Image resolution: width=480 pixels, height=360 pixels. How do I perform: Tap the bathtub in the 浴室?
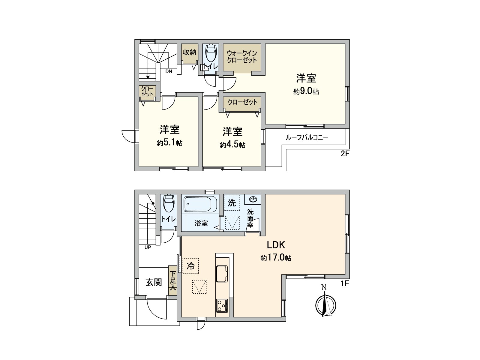pos(200,204)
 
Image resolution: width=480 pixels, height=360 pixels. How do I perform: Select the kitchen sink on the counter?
pos(222,274)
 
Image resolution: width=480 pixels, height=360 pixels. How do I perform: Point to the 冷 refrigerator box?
pos(190,266)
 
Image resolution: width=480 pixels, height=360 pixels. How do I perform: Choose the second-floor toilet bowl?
pos(211,53)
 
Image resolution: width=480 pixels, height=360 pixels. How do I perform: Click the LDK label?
pos(276,245)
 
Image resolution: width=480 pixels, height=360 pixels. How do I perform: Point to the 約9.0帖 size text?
pos(306,91)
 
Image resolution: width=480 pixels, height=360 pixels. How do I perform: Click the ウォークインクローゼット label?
pos(242,57)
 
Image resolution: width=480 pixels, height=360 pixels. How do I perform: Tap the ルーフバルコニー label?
pos(307,138)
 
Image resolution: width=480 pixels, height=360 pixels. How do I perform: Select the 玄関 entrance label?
pos(154,282)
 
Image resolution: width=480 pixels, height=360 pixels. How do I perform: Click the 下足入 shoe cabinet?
pos(173,281)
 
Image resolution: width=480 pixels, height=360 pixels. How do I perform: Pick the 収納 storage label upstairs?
pos(189,52)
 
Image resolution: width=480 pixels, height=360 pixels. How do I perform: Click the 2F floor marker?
pos(345,154)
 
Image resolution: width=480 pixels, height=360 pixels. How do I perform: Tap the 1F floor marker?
pos(345,283)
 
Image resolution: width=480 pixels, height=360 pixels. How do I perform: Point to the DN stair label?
pos(169,71)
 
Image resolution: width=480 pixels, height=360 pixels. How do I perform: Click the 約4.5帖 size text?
pos(232,145)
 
